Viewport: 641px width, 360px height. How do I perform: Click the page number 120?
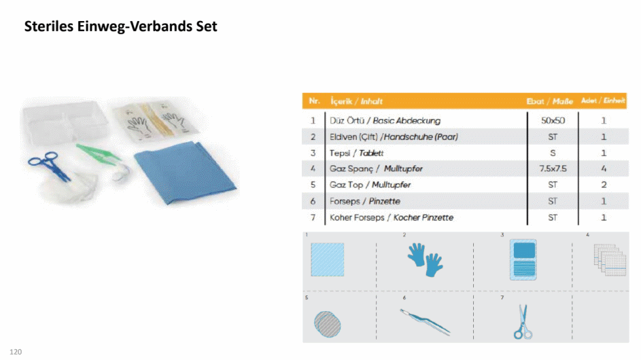point(16,352)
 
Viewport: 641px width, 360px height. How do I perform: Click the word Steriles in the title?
point(49,26)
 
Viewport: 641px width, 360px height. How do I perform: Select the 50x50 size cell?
point(553,120)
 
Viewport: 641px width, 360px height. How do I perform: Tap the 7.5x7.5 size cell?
point(553,168)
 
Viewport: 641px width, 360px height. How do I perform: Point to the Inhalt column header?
point(372,101)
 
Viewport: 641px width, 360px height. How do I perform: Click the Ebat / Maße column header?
point(549,101)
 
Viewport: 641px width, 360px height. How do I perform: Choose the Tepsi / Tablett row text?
point(356,153)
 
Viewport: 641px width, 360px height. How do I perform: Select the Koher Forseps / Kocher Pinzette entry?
point(392,217)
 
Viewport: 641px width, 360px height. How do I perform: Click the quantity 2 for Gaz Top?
point(604,185)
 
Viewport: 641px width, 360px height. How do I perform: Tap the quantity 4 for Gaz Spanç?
point(604,168)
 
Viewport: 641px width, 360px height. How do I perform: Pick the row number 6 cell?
point(313,201)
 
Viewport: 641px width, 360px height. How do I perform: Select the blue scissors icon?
point(523,322)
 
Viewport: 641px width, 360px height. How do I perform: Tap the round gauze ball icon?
point(328,324)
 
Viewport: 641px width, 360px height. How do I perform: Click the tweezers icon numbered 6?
point(425,321)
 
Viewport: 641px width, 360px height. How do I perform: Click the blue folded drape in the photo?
point(186,172)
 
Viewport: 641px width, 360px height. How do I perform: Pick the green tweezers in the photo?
point(99,154)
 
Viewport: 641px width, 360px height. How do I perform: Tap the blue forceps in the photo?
point(49,166)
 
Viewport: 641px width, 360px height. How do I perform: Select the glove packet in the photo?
point(156,121)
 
